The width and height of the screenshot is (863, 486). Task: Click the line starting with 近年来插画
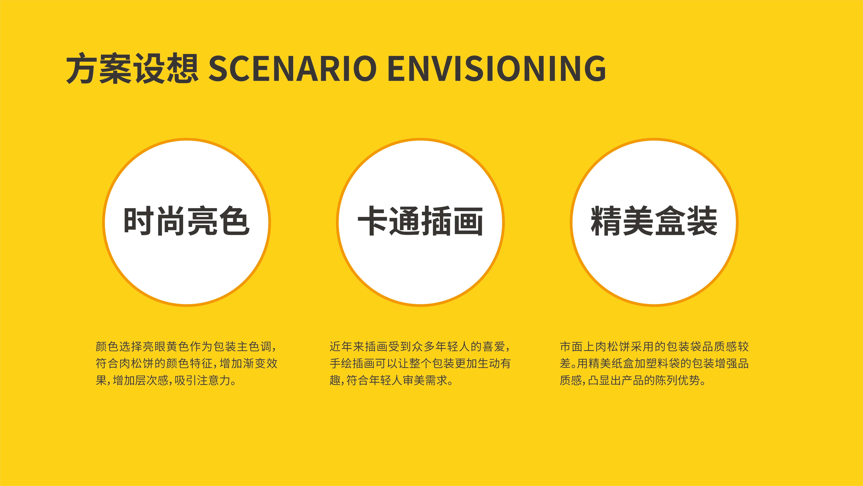pos(420,346)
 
